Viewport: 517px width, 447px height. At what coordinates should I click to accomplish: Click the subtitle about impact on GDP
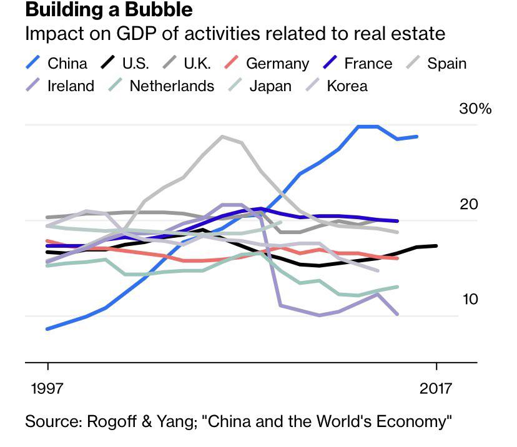(x=235, y=34)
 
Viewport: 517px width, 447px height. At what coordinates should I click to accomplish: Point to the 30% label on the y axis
(x=475, y=109)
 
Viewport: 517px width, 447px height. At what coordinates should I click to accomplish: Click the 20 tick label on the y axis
(x=468, y=205)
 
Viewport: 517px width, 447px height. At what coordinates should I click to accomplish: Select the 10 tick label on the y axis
(x=470, y=300)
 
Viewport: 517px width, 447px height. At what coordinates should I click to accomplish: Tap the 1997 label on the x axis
(x=47, y=388)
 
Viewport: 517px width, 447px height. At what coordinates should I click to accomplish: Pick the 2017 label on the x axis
(x=436, y=388)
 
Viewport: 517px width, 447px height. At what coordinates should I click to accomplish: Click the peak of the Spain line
(x=222, y=136)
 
